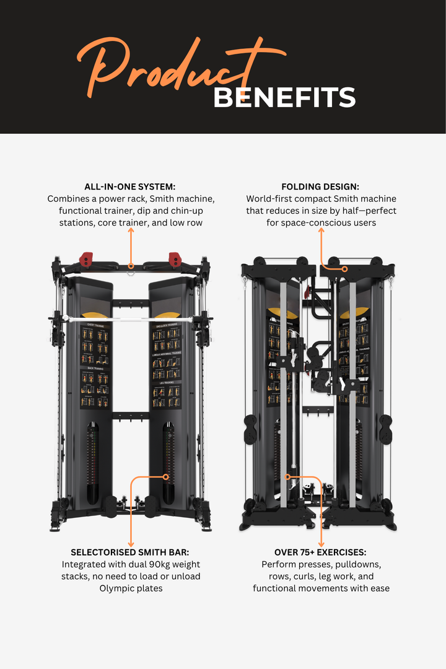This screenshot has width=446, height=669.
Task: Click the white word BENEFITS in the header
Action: tap(284, 98)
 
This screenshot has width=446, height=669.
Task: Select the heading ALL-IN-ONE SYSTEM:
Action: tap(131, 186)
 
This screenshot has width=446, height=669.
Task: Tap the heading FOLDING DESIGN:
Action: tap(321, 186)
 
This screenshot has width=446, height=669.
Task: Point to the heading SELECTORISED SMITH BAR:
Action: tap(131, 552)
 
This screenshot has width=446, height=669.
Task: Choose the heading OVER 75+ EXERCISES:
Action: tap(321, 552)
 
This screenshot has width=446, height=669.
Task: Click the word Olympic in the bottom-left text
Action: tap(116, 588)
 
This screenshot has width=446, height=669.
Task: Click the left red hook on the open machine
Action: tap(87, 256)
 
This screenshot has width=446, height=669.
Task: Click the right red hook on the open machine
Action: tap(175, 257)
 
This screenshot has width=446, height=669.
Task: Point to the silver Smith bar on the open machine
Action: tap(131, 320)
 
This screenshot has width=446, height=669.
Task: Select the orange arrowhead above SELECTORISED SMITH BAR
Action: tap(131, 543)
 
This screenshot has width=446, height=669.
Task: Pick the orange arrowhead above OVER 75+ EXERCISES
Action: tap(321, 543)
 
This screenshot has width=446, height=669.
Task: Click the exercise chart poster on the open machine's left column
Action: tap(94, 365)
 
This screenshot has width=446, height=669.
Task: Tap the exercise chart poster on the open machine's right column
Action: tap(167, 365)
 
